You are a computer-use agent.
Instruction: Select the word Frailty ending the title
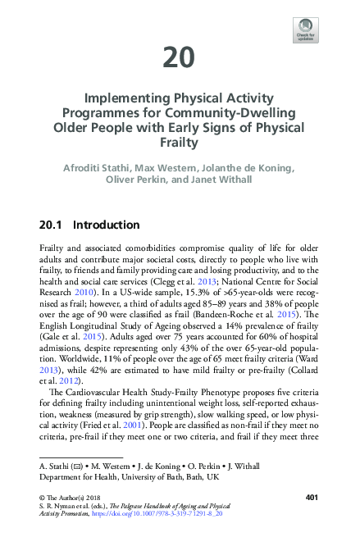point(180,141)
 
